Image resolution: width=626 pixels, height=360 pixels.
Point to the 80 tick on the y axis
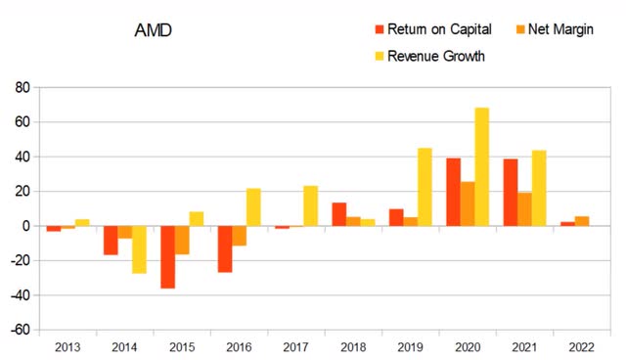[x=20, y=88]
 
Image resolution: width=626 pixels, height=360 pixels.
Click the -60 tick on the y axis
[x=17, y=330]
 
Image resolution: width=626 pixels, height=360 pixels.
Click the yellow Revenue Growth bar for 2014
[x=139, y=249]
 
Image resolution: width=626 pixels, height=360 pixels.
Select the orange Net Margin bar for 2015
[x=182, y=240]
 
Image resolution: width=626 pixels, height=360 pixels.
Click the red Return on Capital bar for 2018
[x=338, y=214]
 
